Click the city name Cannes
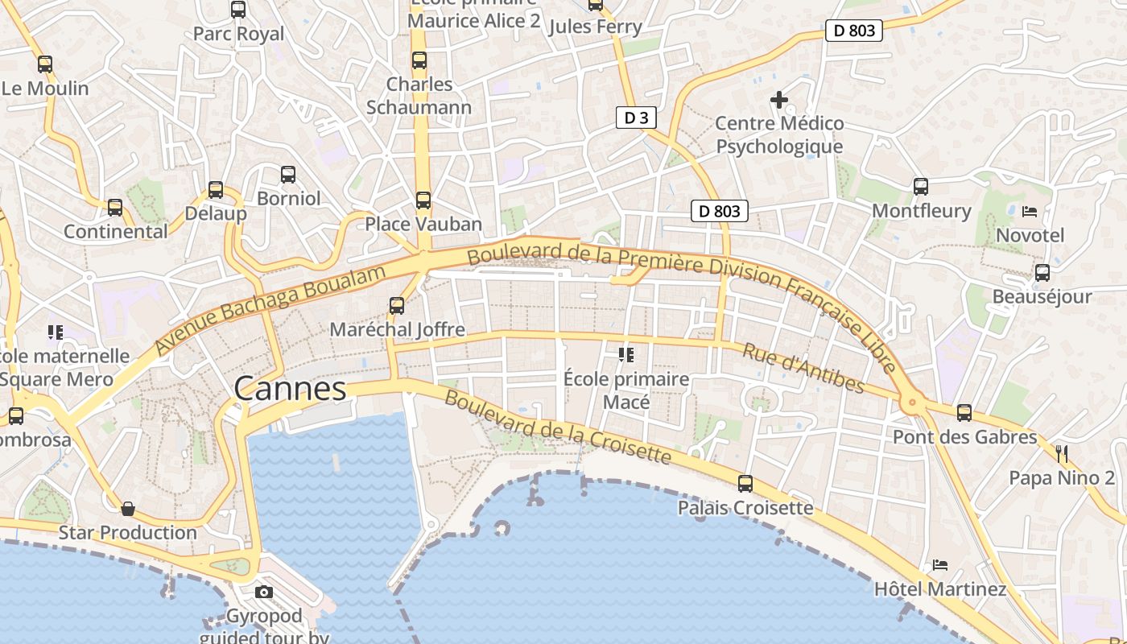[x=290, y=390]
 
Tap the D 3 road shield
[x=636, y=118]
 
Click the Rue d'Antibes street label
[x=803, y=368]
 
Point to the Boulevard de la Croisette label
[x=557, y=427]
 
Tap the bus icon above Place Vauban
[x=423, y=200]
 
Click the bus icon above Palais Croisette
[x=745, y=484]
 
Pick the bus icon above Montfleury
[x=921, y=187]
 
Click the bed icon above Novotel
[x=1030, y=212]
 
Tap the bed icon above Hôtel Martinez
[x=939, y=565]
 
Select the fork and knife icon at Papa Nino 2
[x=1062, y=454]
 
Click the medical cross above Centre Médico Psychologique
[x=779, y=100]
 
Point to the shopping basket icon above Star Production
[x=127, y=509]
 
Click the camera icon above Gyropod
[x=263, y=592]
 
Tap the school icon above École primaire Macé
[x=625, y=354]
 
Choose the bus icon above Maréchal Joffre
[x=397, y=306]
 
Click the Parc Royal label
[x=239, y=34]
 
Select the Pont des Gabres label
[x=964, y=437]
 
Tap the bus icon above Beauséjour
[x=1042, y=273]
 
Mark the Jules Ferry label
[x=595, y=27]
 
